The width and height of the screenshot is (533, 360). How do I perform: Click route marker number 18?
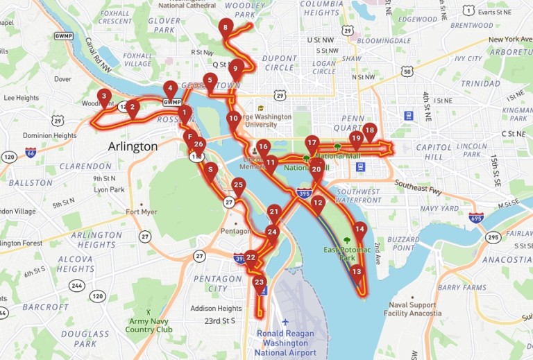click(x=369, y=130)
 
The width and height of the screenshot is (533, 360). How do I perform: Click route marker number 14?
click(x=359, y=229)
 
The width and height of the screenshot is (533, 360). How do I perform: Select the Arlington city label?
click(x=133, y=146)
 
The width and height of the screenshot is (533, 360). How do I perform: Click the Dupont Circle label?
click(x=280, y=63)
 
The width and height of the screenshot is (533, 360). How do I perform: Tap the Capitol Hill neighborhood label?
click(x=434, y=152)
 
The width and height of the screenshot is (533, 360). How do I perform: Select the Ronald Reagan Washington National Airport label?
click(x=285, y=343)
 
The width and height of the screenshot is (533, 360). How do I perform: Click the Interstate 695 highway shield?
click(x=476, y=218)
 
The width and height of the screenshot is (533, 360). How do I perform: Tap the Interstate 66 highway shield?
click(x=31, y=151)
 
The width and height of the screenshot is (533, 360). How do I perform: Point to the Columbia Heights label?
click(x=321, y=8)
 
